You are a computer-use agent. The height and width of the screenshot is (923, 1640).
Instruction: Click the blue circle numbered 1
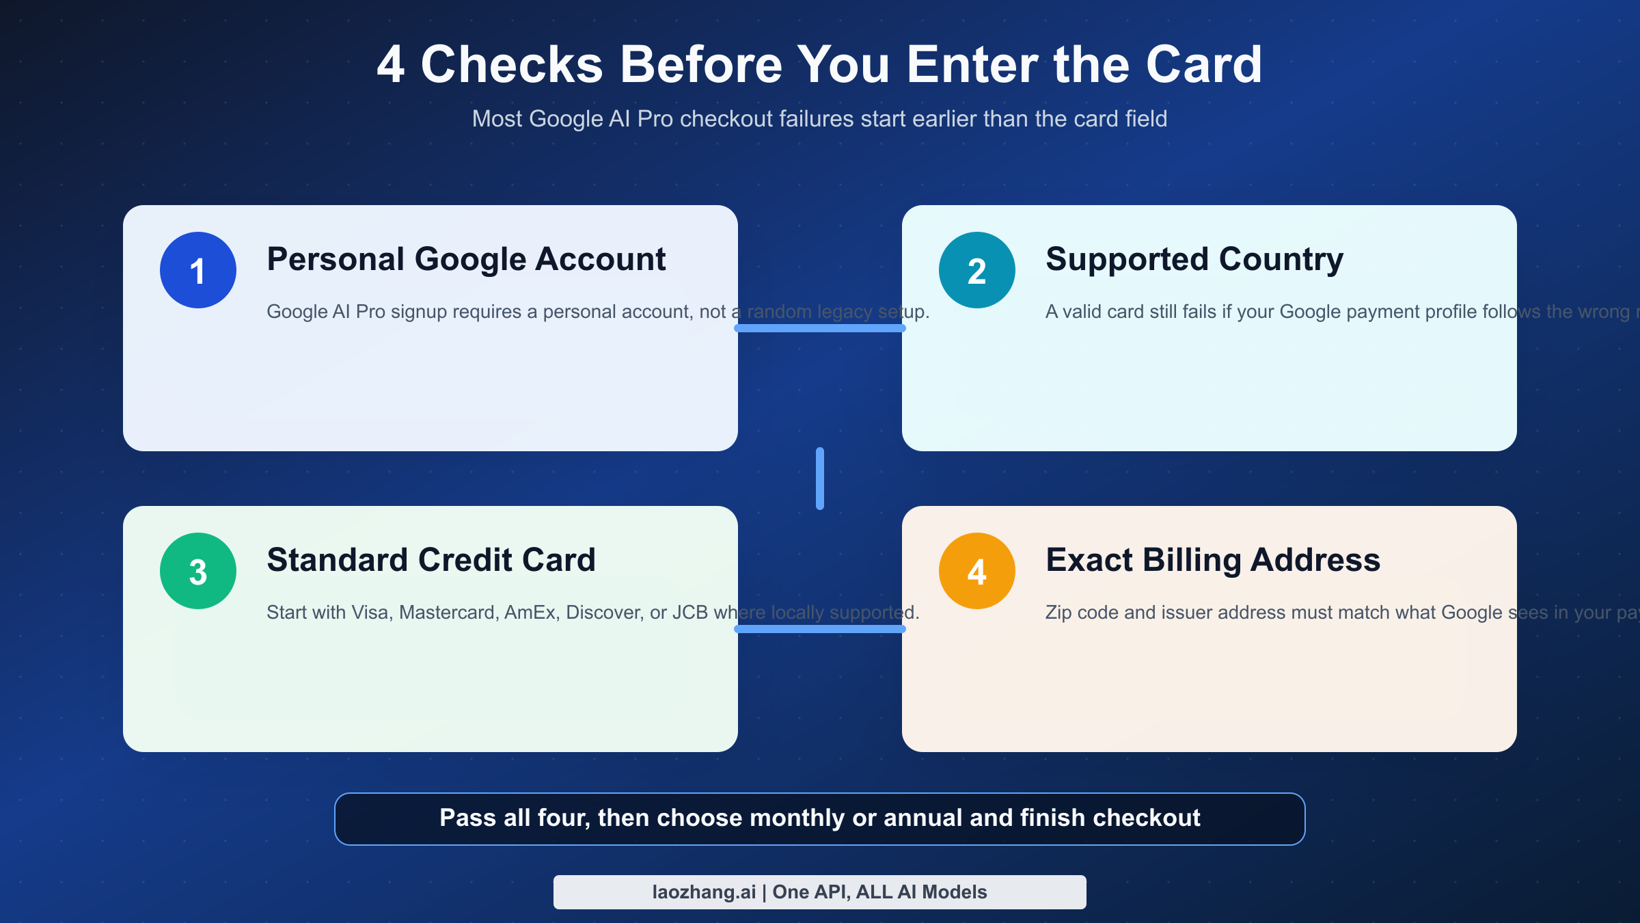[x=198, y=270]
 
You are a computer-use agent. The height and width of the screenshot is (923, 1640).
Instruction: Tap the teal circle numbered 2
[x=977, y=270]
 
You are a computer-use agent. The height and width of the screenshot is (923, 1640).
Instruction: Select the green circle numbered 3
[x=198, y=571]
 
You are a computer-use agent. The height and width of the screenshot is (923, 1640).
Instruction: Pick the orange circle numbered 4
[x=977, y=571]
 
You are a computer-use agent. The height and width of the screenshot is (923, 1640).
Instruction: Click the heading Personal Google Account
[x=466, y=259]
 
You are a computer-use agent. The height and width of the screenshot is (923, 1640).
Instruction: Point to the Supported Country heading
[x=1194, y=259]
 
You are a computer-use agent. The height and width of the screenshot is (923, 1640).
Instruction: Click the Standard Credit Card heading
[x=431, y=560]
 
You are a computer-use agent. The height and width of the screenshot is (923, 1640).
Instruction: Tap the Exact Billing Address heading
[x=1213, y=560]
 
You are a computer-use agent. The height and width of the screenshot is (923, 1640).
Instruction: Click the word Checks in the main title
[x=512, y=64]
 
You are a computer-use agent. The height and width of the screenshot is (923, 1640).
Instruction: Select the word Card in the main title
[x=1204, y=64]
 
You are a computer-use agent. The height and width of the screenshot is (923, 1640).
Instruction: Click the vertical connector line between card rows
[x=820, y=479]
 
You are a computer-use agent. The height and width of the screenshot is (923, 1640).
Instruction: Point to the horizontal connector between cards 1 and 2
[x=820, y=328]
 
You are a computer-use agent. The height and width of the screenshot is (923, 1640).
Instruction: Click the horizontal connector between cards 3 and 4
[x=820, y=629]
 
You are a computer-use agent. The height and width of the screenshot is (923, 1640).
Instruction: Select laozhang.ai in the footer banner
[x=704, y=892]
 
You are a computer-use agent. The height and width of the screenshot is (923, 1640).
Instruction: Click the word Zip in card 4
[x=1058, y=612]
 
